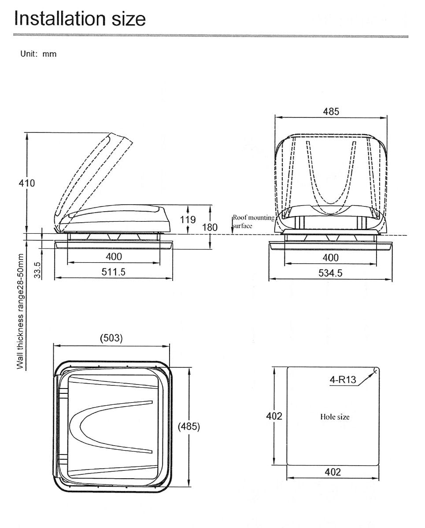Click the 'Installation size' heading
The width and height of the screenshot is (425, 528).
coord(80,18)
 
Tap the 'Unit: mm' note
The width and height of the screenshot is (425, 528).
coord(38,54)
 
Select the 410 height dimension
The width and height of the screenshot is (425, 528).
coord(27,183)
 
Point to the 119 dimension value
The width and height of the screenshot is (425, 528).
coord(188,220)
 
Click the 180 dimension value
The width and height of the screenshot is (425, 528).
coord(210,227)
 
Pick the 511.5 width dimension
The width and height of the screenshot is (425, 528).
coord(114,272)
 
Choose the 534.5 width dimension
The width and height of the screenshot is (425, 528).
coord(330,273)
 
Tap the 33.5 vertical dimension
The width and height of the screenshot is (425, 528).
coord(37,270)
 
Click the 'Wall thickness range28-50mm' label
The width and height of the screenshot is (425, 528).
coord(20,311)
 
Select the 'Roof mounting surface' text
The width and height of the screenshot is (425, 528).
coord(254,222)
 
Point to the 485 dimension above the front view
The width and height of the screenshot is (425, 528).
coord(331,112)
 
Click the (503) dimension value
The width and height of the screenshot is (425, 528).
coord(111,338)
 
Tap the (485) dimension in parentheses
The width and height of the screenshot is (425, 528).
coord(188,426)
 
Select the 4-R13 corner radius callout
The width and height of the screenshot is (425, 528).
coord(343,380)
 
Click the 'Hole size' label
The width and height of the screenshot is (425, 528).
coord(335,417)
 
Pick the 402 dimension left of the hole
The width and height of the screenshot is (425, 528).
coord(274,416)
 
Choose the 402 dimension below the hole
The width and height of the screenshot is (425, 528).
coord(333,472)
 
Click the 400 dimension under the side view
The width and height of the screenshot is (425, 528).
coord(114,257)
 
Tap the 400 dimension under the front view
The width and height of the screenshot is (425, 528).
coord(331,258)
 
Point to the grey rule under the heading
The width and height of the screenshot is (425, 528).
coord(211,36)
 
